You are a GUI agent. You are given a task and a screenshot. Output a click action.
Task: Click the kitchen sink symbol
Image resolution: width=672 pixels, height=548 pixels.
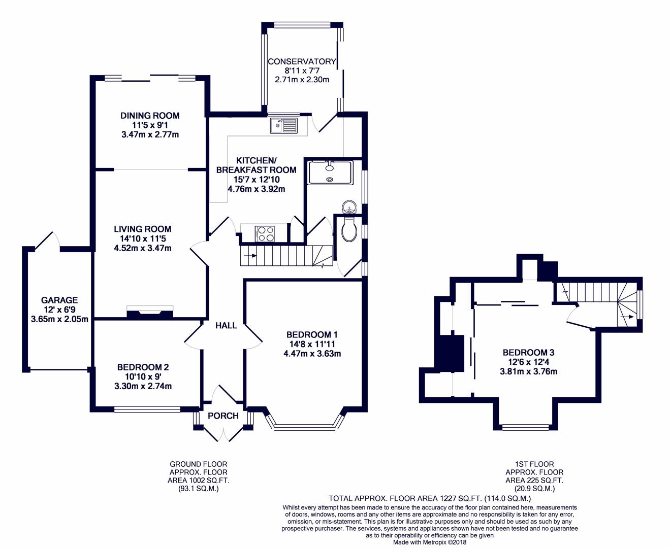coord(283,125)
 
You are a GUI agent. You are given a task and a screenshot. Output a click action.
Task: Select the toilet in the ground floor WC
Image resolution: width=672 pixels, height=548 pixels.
coord(349,229)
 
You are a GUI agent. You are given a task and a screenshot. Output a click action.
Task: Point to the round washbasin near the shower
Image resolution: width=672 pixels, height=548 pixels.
coord(349,208)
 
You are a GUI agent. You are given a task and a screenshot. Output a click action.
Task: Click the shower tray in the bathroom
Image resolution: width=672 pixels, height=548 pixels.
coord(331,173)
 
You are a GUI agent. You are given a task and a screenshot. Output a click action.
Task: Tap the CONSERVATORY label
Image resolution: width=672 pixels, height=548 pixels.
coord(302,61)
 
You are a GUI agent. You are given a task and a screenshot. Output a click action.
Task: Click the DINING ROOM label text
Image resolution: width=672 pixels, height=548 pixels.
coord(150,116)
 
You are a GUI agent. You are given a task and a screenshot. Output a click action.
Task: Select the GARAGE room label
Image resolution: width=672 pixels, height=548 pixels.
coord(59,300)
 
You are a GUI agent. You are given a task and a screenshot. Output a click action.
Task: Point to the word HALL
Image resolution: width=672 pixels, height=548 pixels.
coord(226,325)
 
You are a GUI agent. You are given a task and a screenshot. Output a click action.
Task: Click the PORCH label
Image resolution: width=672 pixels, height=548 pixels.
coord(223,416)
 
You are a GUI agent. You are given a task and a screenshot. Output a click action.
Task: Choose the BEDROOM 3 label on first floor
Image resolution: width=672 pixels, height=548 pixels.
coord(529,352)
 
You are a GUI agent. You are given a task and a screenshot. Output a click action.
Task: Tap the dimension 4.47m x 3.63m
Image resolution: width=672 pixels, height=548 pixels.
coord(312,353)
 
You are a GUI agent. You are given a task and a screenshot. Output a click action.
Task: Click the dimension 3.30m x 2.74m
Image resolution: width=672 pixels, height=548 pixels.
coord(143,386)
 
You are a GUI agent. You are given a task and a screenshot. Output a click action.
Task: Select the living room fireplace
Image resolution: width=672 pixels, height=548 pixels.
coord(150,312)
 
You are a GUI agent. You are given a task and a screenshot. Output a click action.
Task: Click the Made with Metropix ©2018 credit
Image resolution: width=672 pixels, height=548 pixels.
coord(430,542)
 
